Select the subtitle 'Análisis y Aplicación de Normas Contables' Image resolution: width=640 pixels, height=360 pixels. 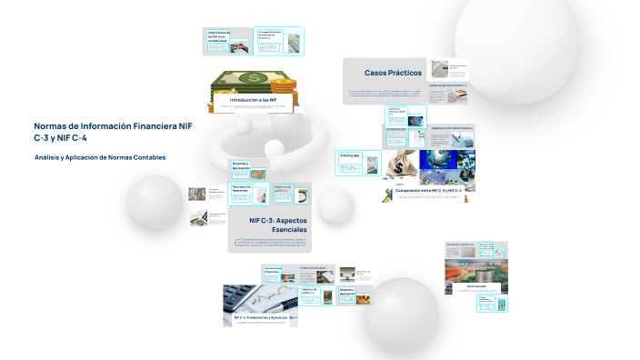click(99, 157)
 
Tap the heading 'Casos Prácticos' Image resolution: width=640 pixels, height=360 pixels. click(393, 72)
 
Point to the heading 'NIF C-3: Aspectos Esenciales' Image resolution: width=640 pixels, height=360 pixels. click(278, 225)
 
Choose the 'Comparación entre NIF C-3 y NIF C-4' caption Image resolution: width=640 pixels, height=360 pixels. click(428, 189)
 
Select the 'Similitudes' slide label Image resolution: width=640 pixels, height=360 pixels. click(350, 155)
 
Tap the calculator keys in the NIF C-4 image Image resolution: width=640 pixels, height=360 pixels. click(238, 295)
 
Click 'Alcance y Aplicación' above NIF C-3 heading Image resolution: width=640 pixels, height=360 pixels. click(241, 166)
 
